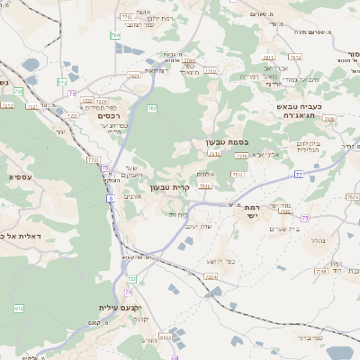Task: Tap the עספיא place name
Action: point(24,177)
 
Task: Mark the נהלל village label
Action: point(316,241)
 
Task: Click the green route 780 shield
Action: point(115,35)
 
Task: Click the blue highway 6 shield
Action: point(111,198)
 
